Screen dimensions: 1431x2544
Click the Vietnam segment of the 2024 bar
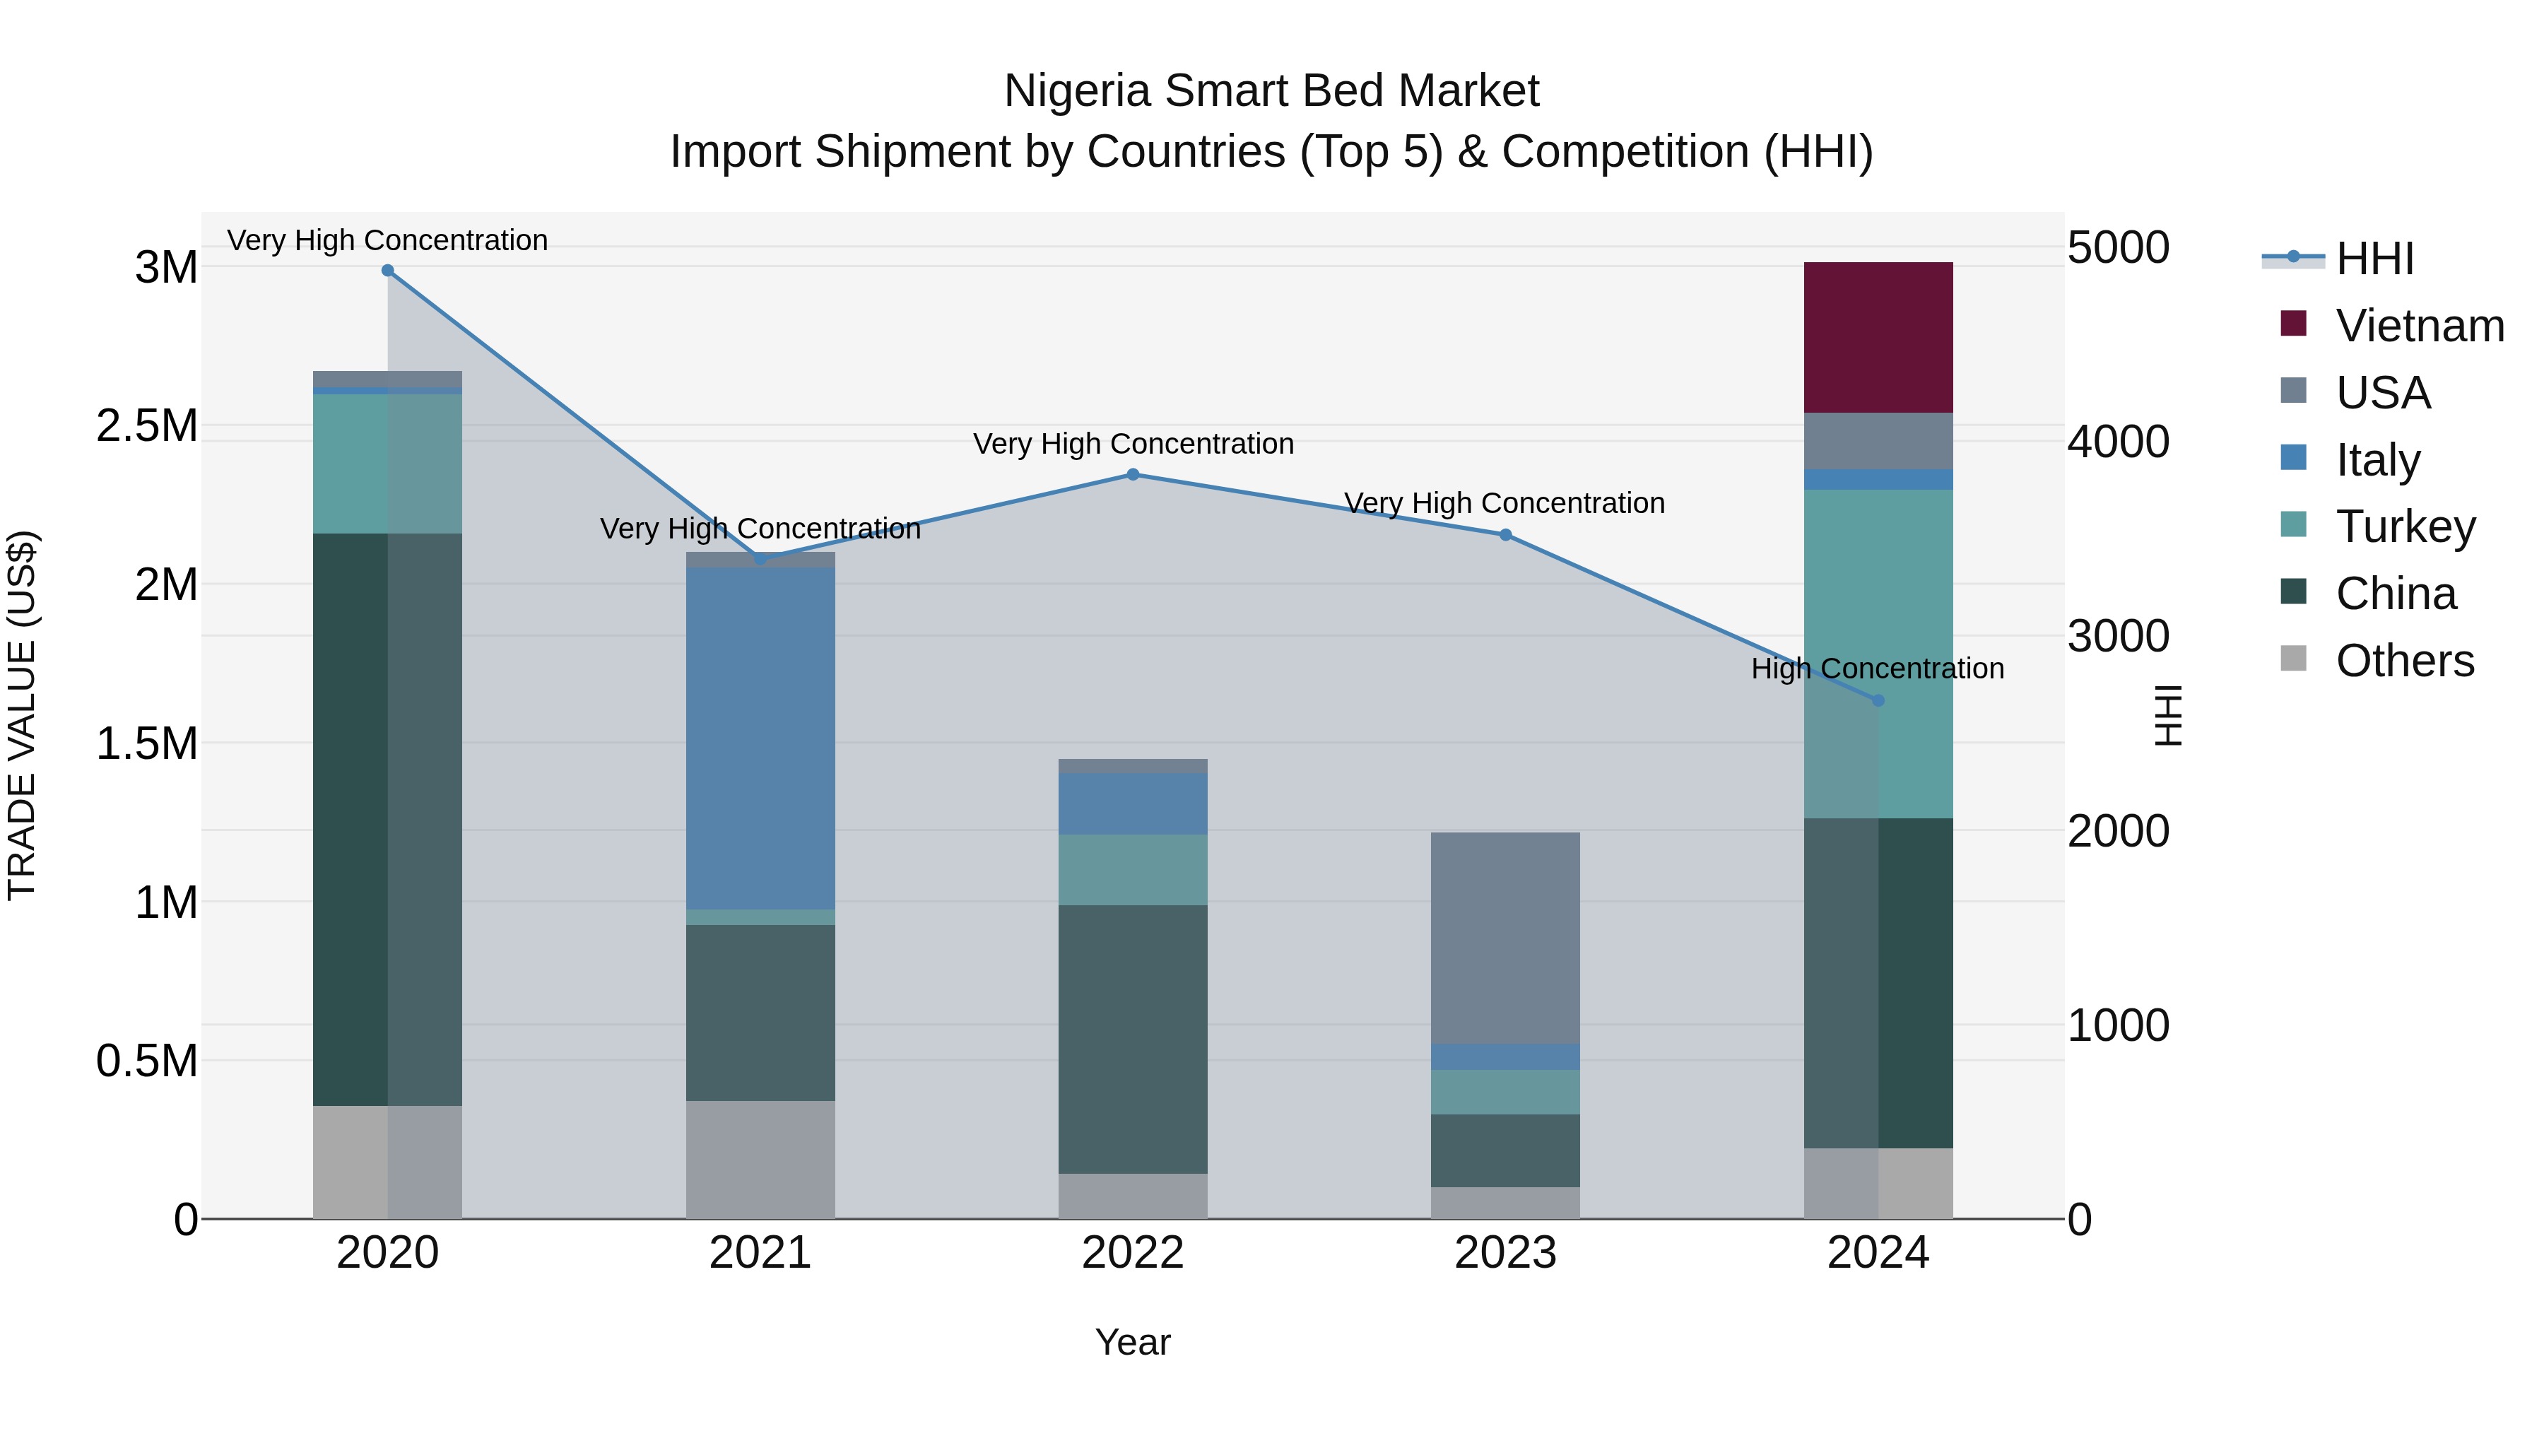[1878, 337]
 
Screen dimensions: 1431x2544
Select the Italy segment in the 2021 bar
[760, 738]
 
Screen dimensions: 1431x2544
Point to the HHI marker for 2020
[387, 271]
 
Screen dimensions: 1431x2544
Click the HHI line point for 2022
[1133, 475]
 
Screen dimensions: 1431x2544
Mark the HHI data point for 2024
[1878, 700]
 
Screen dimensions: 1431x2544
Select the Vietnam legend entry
[2419, 326]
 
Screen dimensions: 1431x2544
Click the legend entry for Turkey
[2405, 526]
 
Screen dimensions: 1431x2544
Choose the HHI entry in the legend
[2374, 259]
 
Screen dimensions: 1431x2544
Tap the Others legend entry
[2404, 661]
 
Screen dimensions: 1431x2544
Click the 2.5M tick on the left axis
[146, 425]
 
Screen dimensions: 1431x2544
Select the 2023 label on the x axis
[1505, 1253]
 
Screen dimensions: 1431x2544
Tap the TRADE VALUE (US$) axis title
[22, 715]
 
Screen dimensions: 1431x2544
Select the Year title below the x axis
[1133, 1342]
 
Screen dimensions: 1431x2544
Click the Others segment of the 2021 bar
[760, 1160]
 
